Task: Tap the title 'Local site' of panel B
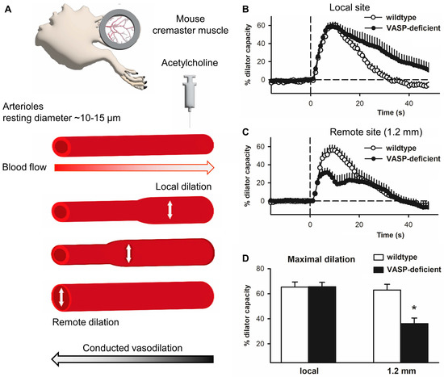pos(346,8)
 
